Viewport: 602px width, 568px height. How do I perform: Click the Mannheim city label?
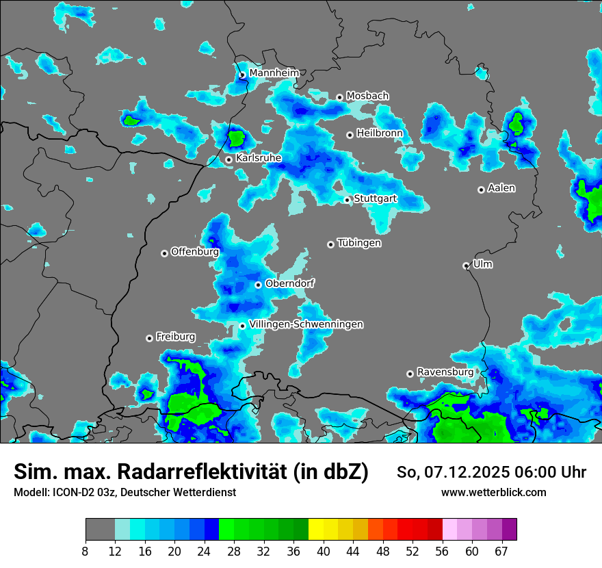point(274,73)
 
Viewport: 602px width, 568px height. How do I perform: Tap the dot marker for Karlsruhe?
point(229,159)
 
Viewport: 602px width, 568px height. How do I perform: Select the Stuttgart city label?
point(375,198)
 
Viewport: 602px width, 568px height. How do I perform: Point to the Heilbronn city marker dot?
point(350,135)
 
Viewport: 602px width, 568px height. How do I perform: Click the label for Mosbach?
point(367,96)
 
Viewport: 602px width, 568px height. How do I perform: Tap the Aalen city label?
point(501,188)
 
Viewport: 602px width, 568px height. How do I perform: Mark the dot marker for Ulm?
point(466,266)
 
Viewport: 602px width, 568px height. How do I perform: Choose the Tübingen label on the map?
point(359,243)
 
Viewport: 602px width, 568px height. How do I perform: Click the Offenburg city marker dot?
point(164,253)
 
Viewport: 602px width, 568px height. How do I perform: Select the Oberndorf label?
point(289,283)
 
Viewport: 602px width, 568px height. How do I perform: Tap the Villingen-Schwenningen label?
point(306,324)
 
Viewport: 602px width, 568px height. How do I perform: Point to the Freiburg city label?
point(175,337)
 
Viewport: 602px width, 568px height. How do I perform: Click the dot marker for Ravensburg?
point(410,374)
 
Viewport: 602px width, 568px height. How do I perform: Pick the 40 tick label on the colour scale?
point(324,552)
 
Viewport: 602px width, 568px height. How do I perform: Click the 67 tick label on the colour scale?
point(502,552)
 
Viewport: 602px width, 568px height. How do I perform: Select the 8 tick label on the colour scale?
point(86,552)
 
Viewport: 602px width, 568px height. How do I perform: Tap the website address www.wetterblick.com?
point(493,492)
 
